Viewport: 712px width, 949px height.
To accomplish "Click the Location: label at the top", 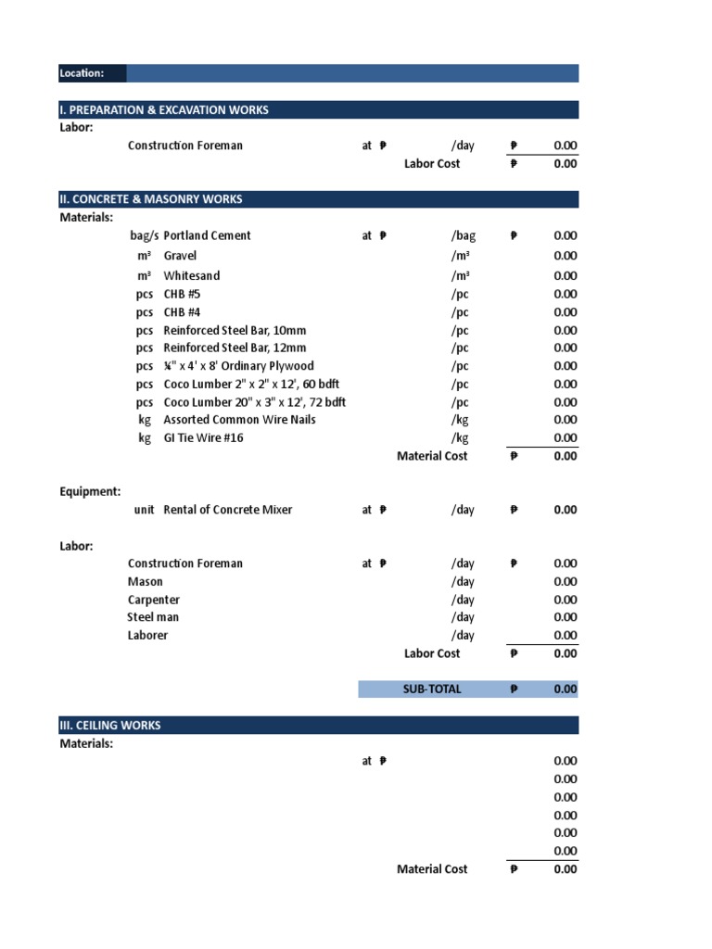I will [x=82, y=73].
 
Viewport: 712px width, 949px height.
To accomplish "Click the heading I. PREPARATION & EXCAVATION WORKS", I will [x=164, y=109].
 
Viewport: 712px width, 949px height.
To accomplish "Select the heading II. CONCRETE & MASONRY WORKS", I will [x=151, y=199].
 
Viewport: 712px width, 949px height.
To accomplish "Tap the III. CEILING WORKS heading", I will [x=110, y=725].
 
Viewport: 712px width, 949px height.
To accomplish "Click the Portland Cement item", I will [x=207, y=235].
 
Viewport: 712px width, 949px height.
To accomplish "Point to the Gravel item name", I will [x=180, y=256].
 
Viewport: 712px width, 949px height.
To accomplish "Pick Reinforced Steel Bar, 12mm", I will [x=235, y=348].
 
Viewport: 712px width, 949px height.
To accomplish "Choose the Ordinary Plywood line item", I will [x=238, y=366].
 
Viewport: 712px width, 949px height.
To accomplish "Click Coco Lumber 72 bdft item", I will [x=254, y=402].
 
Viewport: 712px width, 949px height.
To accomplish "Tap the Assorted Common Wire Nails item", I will [x=239, y=420].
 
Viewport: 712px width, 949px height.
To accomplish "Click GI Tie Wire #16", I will [x=203, y=437].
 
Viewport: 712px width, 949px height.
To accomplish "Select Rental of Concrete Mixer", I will [x=227, y=510].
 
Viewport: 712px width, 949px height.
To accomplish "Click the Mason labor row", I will [x=146, y=582].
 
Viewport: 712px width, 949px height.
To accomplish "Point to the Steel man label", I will [x=153, y=617].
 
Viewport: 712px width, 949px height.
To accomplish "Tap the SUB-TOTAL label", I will [x=431, y=689].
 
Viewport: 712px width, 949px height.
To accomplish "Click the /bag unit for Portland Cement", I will [x=463, y=235].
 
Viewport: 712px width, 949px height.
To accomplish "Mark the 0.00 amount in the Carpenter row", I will [x=565, y=600].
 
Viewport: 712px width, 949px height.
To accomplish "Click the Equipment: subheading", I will [x=90, y=491].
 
